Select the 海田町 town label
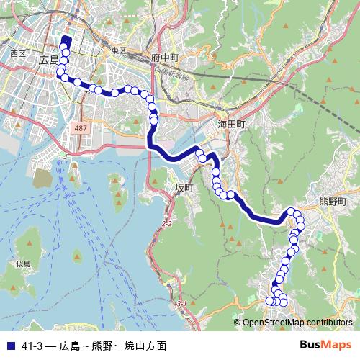pos(232,125)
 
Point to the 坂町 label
pos(184,187)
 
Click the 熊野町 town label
pos(333,202)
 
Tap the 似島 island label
pos(23,264)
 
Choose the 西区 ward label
pos(18,53)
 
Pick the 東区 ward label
pos(118,51)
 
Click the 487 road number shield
pos(81,127)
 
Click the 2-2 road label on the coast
pos(167,224)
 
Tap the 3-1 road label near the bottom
pos(181,304)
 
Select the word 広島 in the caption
pos(70,346)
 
